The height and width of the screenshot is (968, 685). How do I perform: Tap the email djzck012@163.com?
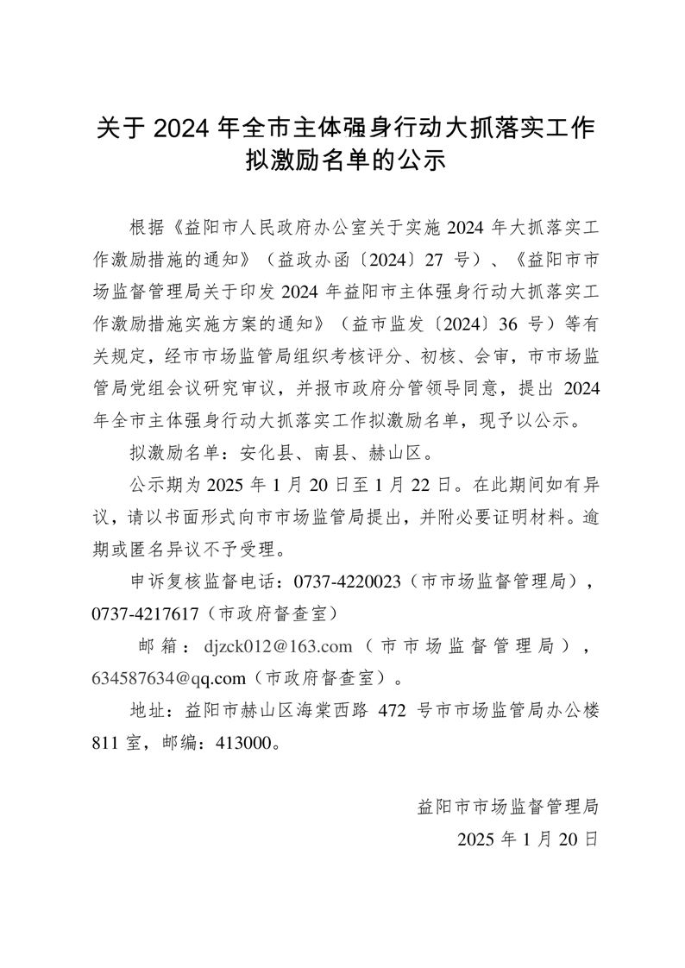coord(279,644)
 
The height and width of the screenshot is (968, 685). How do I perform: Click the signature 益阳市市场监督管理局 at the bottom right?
coord(507,806)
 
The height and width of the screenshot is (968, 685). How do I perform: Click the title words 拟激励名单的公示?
coord(344,160)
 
